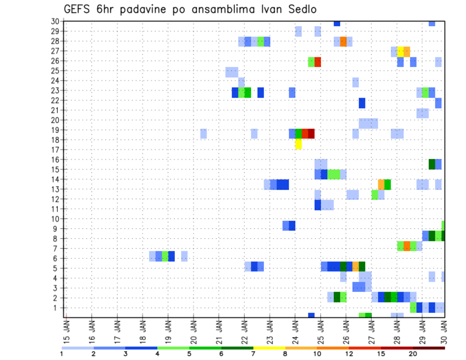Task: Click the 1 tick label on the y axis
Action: pos(57,308)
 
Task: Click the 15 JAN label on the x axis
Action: pos(67,330)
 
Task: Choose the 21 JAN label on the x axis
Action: pos(219,330)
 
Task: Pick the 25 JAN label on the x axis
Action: pos(320,330)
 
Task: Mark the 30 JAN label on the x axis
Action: pos(445,330)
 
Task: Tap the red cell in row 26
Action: pos(317,62)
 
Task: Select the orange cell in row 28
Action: pos(343,42)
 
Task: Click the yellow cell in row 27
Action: pos(400,51)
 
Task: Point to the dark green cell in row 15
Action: pos(432,164)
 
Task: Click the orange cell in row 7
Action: pos(407,245)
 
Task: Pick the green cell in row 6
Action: pos(165,256)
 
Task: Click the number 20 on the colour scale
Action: pos(413,354)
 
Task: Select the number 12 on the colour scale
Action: pos(349,354)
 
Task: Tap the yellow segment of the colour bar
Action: pos(269,348)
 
